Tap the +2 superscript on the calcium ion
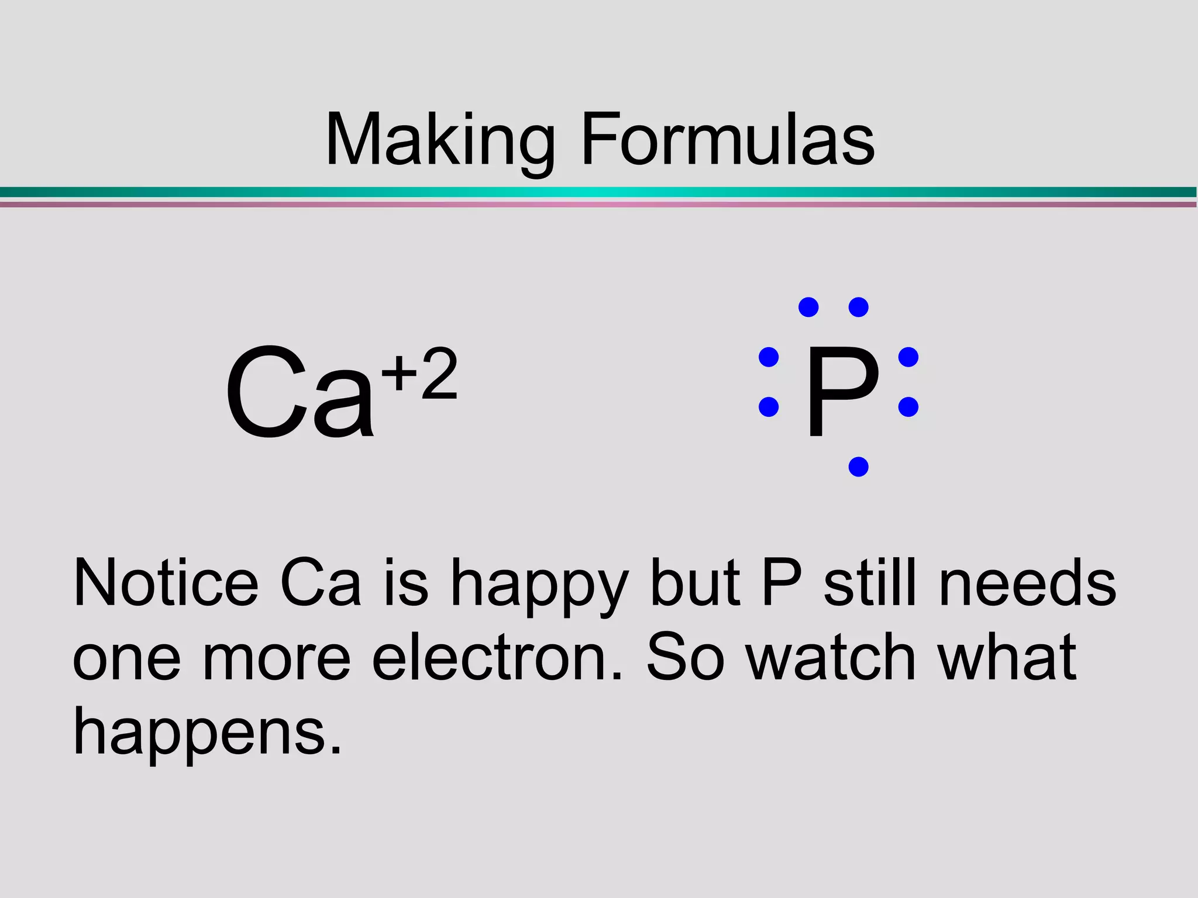pyautogui.click(x=419, y=374)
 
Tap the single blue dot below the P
pyautogui.click(x=858, y=467)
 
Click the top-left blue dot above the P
pyautogui.click(x=808, y=307)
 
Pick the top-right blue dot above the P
pyautogui.click(x=858, y=307)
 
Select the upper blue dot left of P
pyautogui.click(x=769, y=357)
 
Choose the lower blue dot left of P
pyautogui.click(x=769, y=406)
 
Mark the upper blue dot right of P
pyautogui.click(x=908, y=357)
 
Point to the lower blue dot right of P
pyautogui.click(x=908, y=406)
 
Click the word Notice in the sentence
pyautogui.click(x=166, y=583)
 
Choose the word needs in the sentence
pyautogui.click(x=1028, y=583)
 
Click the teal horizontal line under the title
pyautogui.click(x=599, y=192)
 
